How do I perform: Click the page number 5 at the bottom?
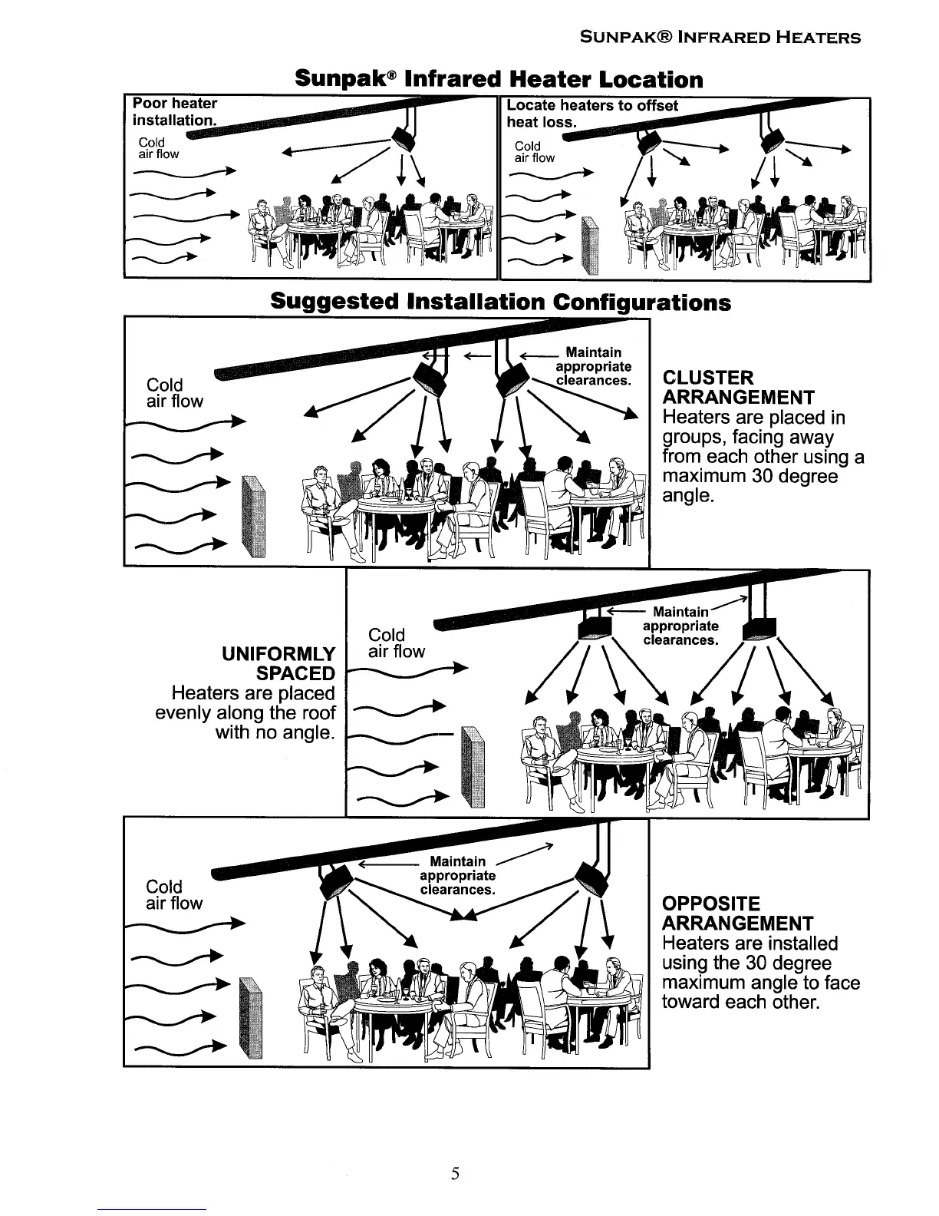(455, 1172)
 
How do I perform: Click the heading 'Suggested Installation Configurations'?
(500, 302)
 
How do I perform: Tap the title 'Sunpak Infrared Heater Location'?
(499, 80)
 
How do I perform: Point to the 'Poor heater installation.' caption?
(175, 111)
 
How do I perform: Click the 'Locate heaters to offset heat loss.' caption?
(592, 113)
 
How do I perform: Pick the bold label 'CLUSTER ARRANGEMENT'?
(728, 388)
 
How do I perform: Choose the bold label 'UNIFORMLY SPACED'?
(278, 663)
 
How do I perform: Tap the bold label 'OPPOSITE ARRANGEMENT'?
(728, 914)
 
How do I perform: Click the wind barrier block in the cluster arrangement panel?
(253, 515)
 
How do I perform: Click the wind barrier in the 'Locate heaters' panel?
(588, 246)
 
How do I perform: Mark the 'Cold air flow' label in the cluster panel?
(175, 393)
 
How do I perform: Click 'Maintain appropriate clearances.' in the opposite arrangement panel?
(458, 876)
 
